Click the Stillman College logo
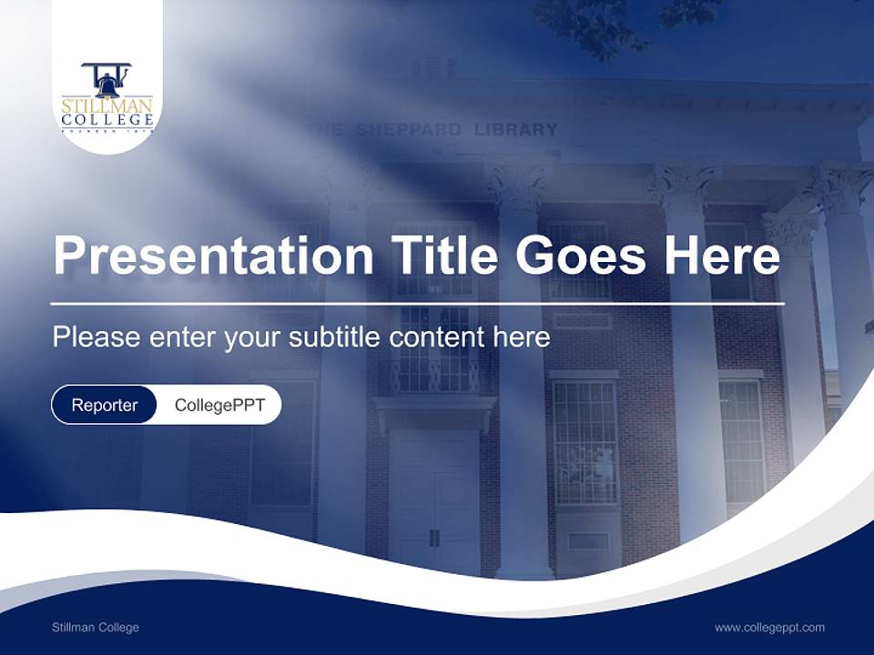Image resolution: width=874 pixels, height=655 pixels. [107, 98]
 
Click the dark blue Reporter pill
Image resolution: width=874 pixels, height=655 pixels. [104, 405]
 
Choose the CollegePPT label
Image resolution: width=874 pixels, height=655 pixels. [219, 405]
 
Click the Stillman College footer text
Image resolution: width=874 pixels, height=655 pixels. [96, 628]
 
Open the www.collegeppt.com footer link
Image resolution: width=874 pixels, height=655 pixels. [769, 628]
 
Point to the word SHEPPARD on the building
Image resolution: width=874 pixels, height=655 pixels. [408, 130]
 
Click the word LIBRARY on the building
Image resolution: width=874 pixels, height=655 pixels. [515, 130]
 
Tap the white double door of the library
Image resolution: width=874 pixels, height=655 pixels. [434, 500]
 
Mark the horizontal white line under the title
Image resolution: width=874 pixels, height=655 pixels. [417, 303]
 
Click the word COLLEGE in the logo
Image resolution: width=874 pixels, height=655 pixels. [107, 120]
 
